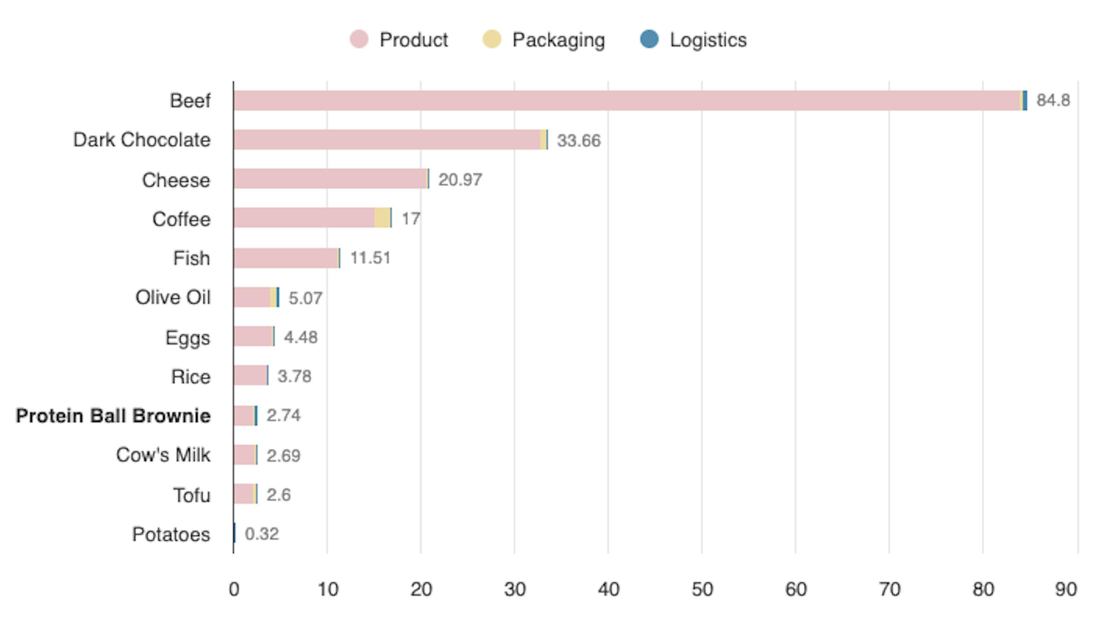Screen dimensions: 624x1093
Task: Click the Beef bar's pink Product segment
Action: pyautogui.click(x=626, y=101)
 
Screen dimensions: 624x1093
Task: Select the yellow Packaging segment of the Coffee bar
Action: pyautogui.click(x=382, y=218)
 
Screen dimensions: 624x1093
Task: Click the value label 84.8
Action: pyautogui.click(x=1053, y=100)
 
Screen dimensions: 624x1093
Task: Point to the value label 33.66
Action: pyautogui.click(x=579, y=141)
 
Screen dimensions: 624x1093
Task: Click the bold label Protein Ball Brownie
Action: pyautogui.click(x=113, y=416)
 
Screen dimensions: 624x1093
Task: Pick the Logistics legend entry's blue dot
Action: pyautogui.click(x=649, y=39)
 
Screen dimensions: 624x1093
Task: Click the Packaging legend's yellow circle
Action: pyautogui.click(x=492, y=39)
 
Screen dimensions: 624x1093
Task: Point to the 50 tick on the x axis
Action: pyautogui.click(x=702, y=590)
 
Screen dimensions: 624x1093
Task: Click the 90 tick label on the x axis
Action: pyautogui.click(x=1066, y=590)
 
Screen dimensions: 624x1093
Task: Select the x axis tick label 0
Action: pyautogui.click(x=234, y=590)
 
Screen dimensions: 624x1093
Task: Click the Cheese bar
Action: pyautogui.click(x=330, y=179)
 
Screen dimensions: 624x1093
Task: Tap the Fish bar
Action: pyautogui.click(x=286, y=258)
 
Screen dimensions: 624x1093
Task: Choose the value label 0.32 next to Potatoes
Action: pyautogui.click(x=262, y=534)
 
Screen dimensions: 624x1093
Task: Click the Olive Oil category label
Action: pyautogui.click(x=173, y=297)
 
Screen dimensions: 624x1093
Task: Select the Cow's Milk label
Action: pyautogui.click(x=163, y=455)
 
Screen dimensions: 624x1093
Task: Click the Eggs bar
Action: pyautogui.click(x=253, y=336)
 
